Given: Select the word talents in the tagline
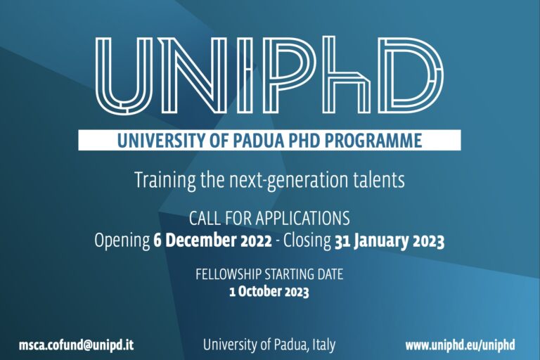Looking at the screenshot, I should click(x=380, y=180).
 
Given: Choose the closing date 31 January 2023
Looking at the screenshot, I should click(x=389, y=240).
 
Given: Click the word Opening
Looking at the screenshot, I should click(x=122, y=240).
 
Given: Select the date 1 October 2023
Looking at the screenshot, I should click(x=269, y=290).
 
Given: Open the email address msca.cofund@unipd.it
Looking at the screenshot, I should click(x=77, y=345).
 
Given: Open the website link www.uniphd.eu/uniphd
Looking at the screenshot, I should click(x=460, y=345).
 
